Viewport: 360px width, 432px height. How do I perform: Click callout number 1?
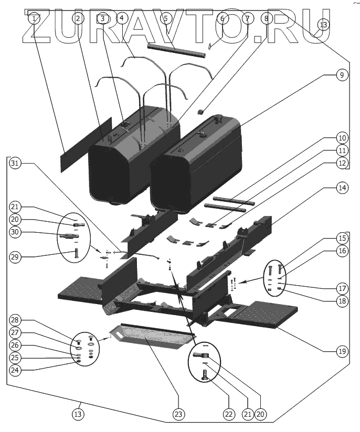(x=34, y=18)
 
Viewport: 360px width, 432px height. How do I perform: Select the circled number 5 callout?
(x=165, y=18)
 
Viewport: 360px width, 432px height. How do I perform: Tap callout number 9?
(x=341, y=75)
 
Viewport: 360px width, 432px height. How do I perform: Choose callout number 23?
(x=179, y=414)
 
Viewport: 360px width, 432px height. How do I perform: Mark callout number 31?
(x=15, y=163)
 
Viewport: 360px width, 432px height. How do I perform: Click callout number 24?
(x=15, y=370)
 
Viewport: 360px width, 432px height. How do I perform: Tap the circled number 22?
(x=228, y=414)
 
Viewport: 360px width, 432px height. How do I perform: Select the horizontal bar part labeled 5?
(x=172, y=47)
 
